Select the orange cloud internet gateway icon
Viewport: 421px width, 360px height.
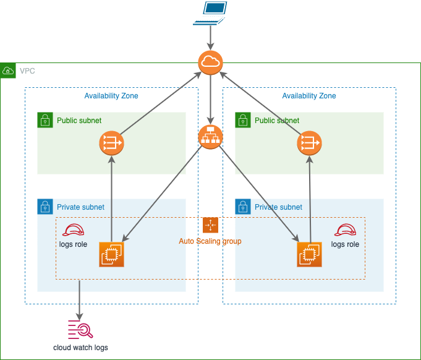[210, 62]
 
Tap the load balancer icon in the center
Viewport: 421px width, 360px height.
[210, 137]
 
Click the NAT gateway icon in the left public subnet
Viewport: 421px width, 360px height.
[111, 144]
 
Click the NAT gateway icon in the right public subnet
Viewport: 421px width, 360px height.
[309, 144]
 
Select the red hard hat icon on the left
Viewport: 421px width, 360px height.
[74, 230]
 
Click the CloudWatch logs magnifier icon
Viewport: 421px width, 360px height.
[80, 328]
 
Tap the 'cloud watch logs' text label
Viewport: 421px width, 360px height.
[80, 348]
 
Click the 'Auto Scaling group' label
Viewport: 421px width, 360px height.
[210, 241]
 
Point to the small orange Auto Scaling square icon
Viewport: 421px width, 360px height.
[210, 225]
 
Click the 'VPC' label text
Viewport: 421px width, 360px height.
[27, 71]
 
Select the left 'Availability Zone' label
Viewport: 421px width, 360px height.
[111, 96]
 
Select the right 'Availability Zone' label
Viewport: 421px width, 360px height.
[309, 96]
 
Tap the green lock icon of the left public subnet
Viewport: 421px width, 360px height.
[45, 120]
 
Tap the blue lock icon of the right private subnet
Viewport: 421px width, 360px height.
[243, 207]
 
